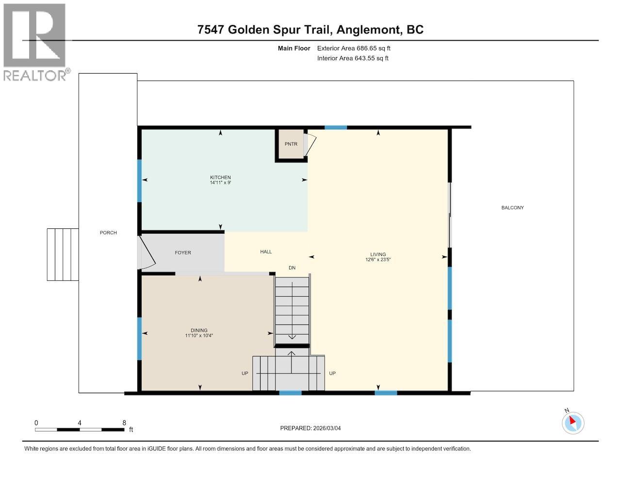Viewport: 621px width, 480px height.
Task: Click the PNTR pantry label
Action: click(x=291, y=144)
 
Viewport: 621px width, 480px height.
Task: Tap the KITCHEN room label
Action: click(x=220, y=177)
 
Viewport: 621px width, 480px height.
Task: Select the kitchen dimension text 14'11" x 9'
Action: click(x=220, y=183)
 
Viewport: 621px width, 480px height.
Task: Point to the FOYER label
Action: click(x=183, y=253)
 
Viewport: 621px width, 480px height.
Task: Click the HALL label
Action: click(x=266, y=252)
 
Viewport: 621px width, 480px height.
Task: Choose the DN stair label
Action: click(x=292, y=268)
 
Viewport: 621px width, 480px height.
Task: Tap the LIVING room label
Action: click(x=378, y=254)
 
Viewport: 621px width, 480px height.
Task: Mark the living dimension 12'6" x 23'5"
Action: click(x=378, y=259)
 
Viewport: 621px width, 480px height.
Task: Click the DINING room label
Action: click(x=199, y=330)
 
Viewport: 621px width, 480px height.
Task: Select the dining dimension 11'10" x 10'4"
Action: click(x=199, y=336)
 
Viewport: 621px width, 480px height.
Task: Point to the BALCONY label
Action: click(x=512, y=208)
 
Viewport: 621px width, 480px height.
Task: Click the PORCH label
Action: click(x=108, y=233)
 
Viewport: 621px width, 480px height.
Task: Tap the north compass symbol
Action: click(x=573, y=422)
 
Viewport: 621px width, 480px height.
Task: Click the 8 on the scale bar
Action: click(x=124, y=423)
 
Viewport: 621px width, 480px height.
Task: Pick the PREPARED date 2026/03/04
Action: click(x=314, y=428)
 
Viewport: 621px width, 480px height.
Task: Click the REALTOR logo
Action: click(x=35, y=42)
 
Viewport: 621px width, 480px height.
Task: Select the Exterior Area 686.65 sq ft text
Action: click(x=354, y=48)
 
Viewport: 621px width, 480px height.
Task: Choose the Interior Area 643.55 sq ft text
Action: click(x=353, y=58)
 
